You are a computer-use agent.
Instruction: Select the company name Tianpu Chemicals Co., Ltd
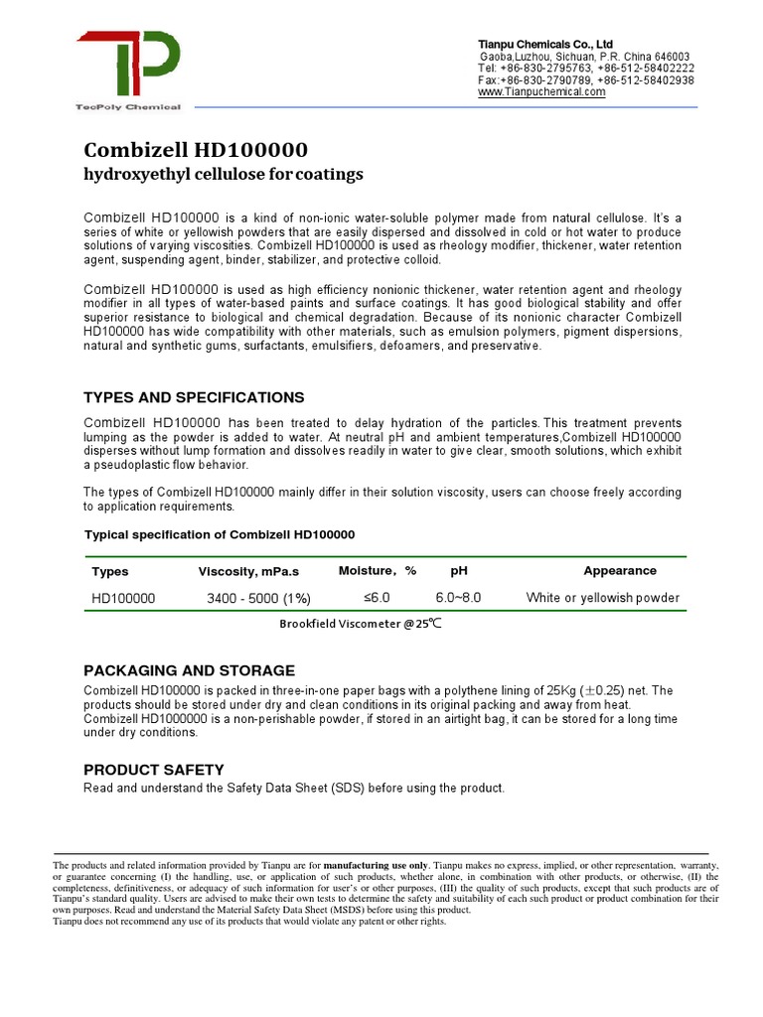(545, 45)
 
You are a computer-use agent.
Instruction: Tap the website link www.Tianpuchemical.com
(541, 92)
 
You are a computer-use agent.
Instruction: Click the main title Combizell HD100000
(196, 150)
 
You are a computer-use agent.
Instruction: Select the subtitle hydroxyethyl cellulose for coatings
(224, 175)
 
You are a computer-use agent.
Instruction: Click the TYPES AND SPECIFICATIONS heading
(194, 397)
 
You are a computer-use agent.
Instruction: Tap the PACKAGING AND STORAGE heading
(189, 670)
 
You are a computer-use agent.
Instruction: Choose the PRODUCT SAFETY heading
(154, 770)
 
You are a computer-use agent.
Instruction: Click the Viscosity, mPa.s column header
(248, 571)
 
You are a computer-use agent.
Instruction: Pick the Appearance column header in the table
(619, 571)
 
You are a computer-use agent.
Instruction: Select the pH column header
(458, 571)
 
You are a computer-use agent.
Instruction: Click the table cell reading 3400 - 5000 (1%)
(258, 598)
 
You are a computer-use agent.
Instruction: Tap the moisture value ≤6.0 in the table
(377, 597)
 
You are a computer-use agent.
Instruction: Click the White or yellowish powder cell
(602, 597)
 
